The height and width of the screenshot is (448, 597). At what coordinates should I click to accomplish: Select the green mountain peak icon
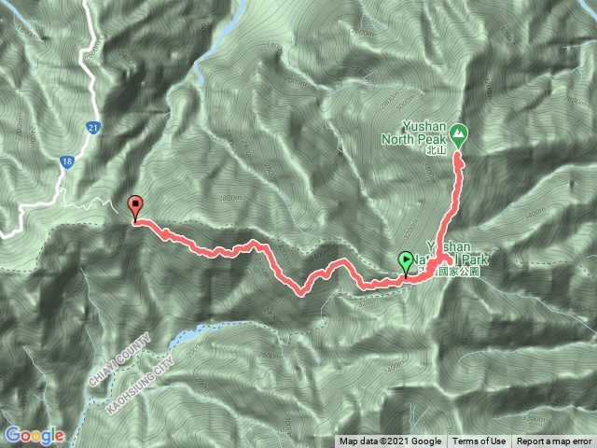pos(459,133)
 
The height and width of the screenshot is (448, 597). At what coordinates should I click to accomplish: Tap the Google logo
pos(34,435)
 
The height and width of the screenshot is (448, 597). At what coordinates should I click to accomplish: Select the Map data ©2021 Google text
pos(390,441)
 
